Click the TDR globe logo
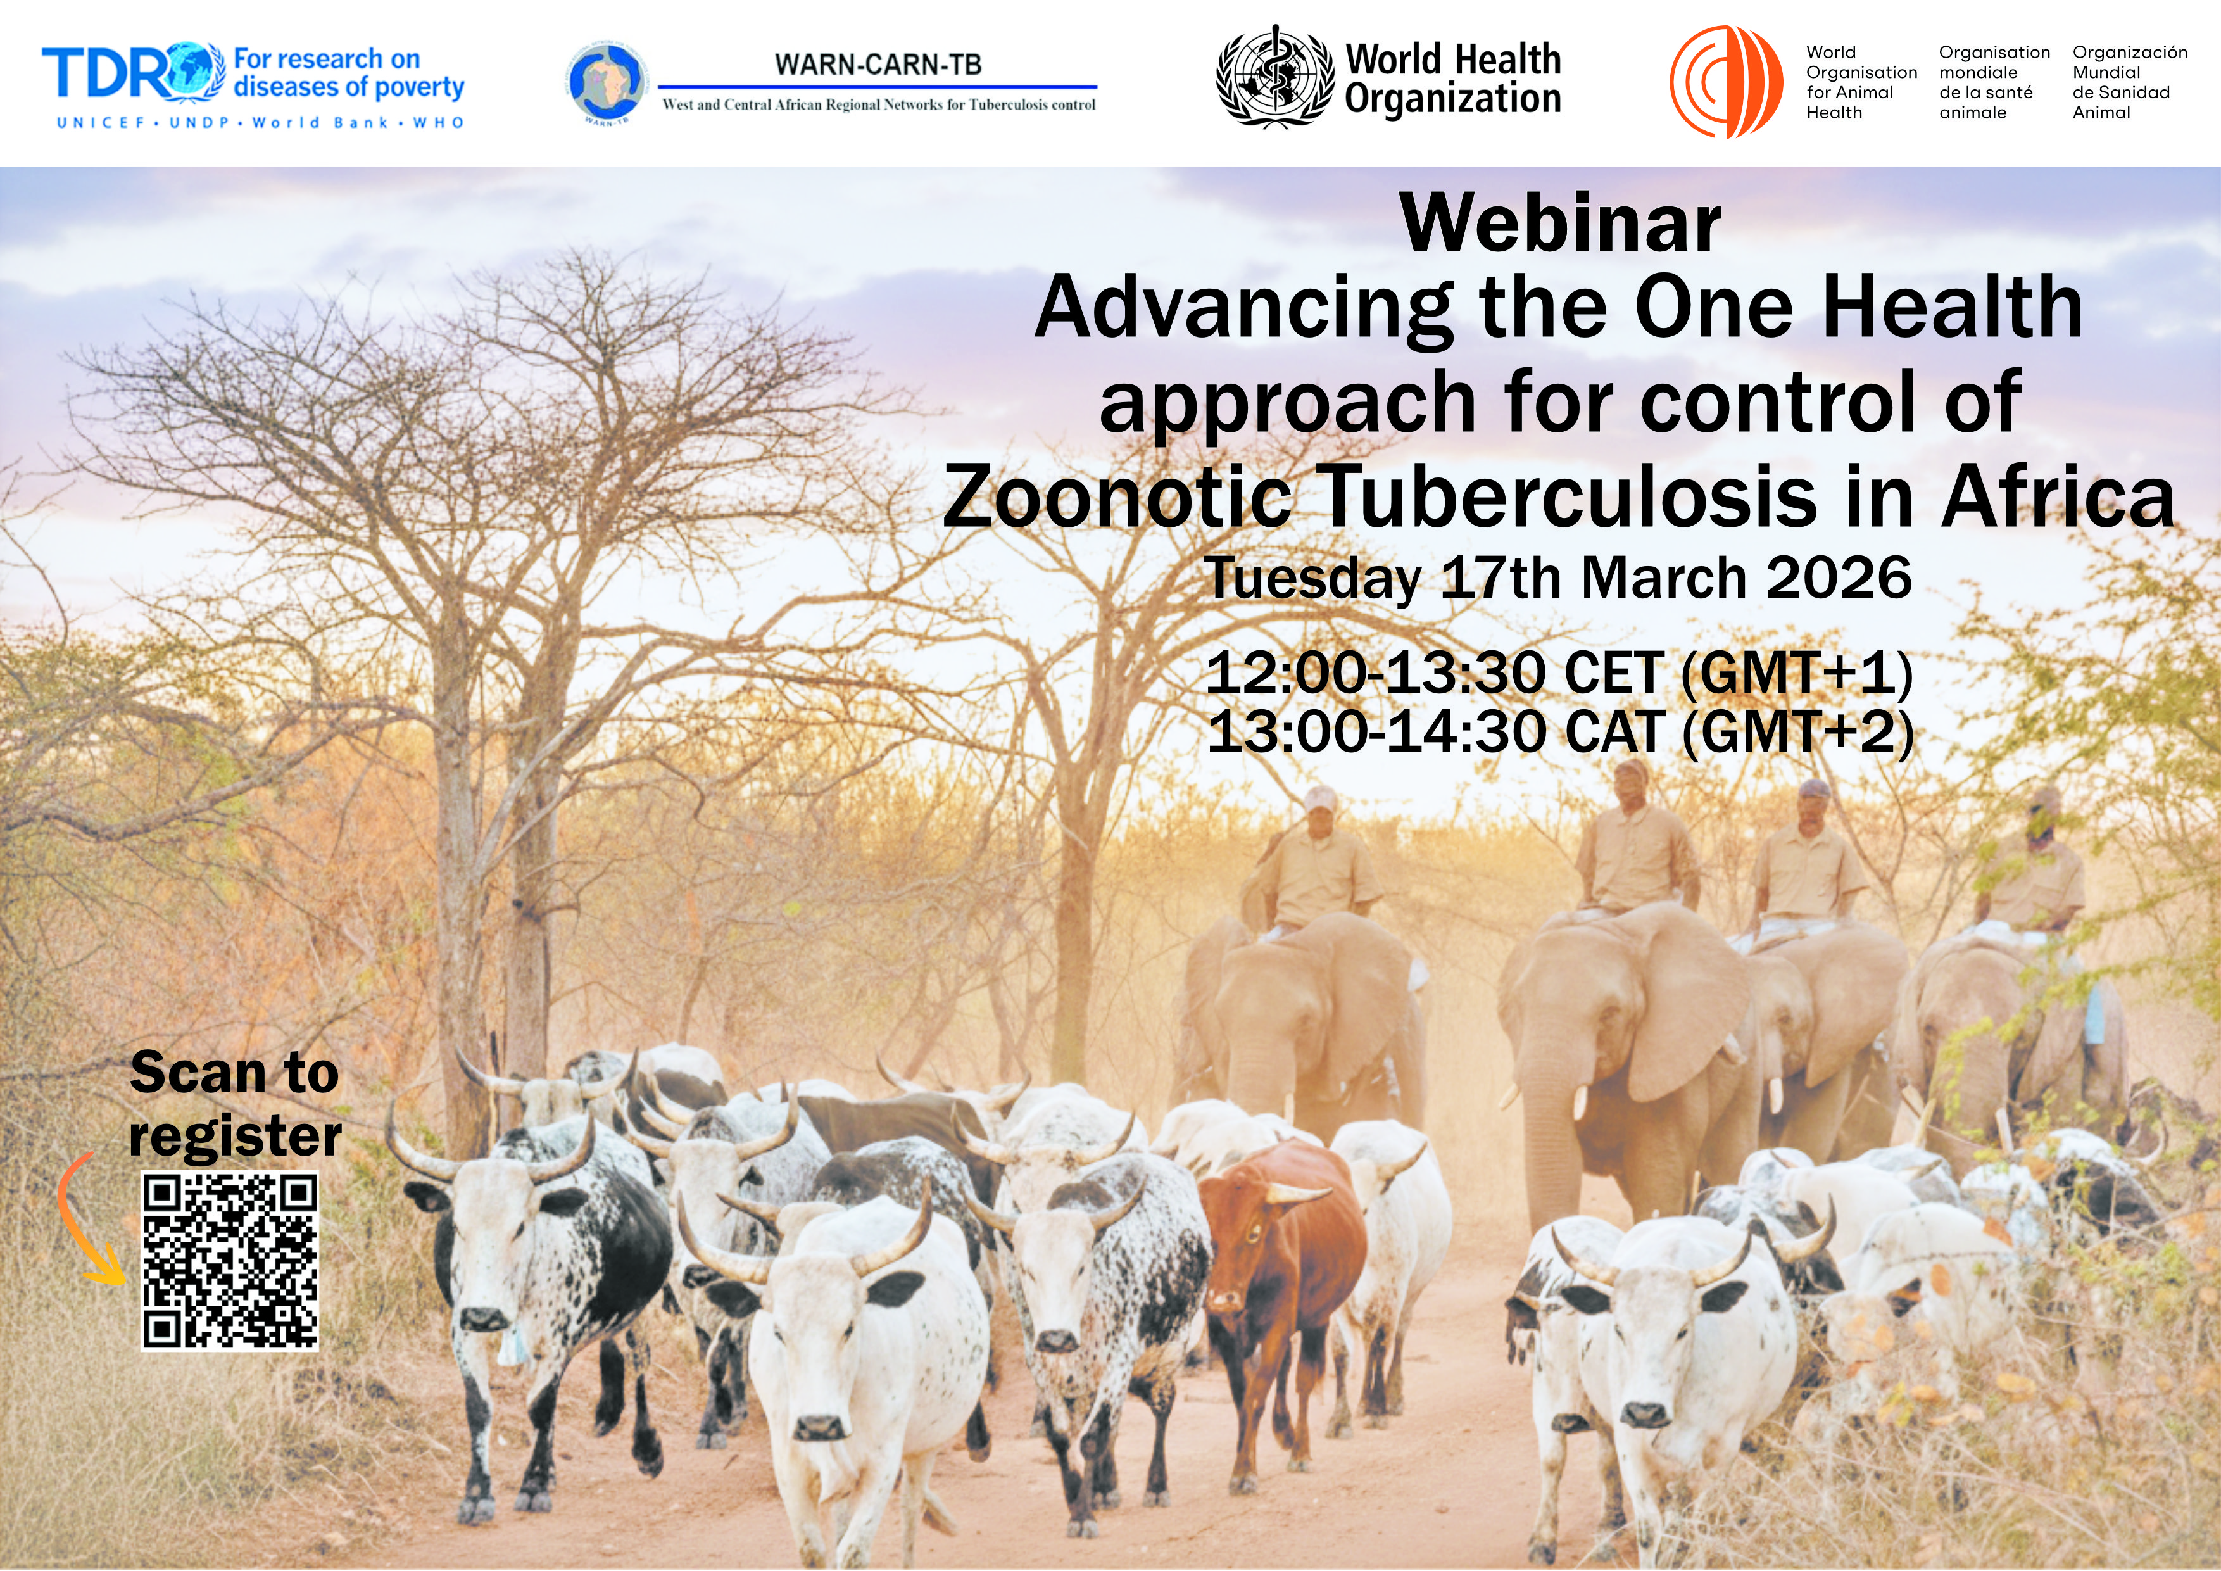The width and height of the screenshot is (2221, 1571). [x=196, y=72]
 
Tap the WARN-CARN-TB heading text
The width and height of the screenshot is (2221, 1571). [x=878, y=65]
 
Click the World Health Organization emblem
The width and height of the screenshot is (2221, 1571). [x=1274, y=75]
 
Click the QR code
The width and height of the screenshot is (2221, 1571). [x=230, y=1261]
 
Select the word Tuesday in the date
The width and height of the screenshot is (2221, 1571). [x=1312, y=579]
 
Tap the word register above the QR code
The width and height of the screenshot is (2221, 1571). [x=235, y=1136]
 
